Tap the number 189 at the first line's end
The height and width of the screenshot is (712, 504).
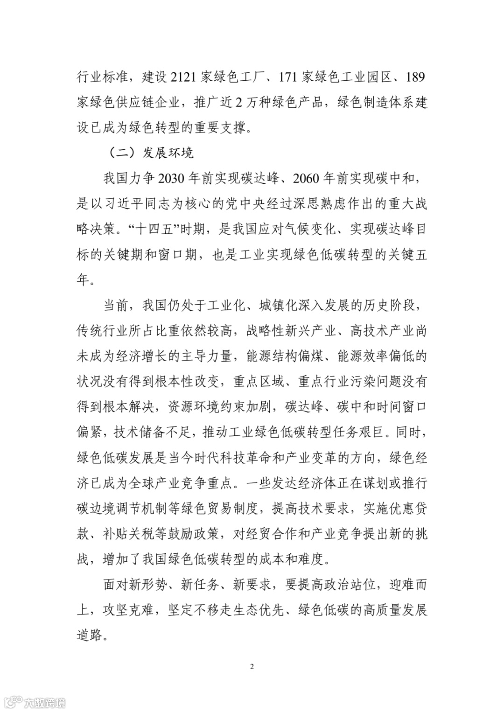415,77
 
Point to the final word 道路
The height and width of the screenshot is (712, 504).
89,635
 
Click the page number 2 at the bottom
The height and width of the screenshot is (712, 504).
252,666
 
